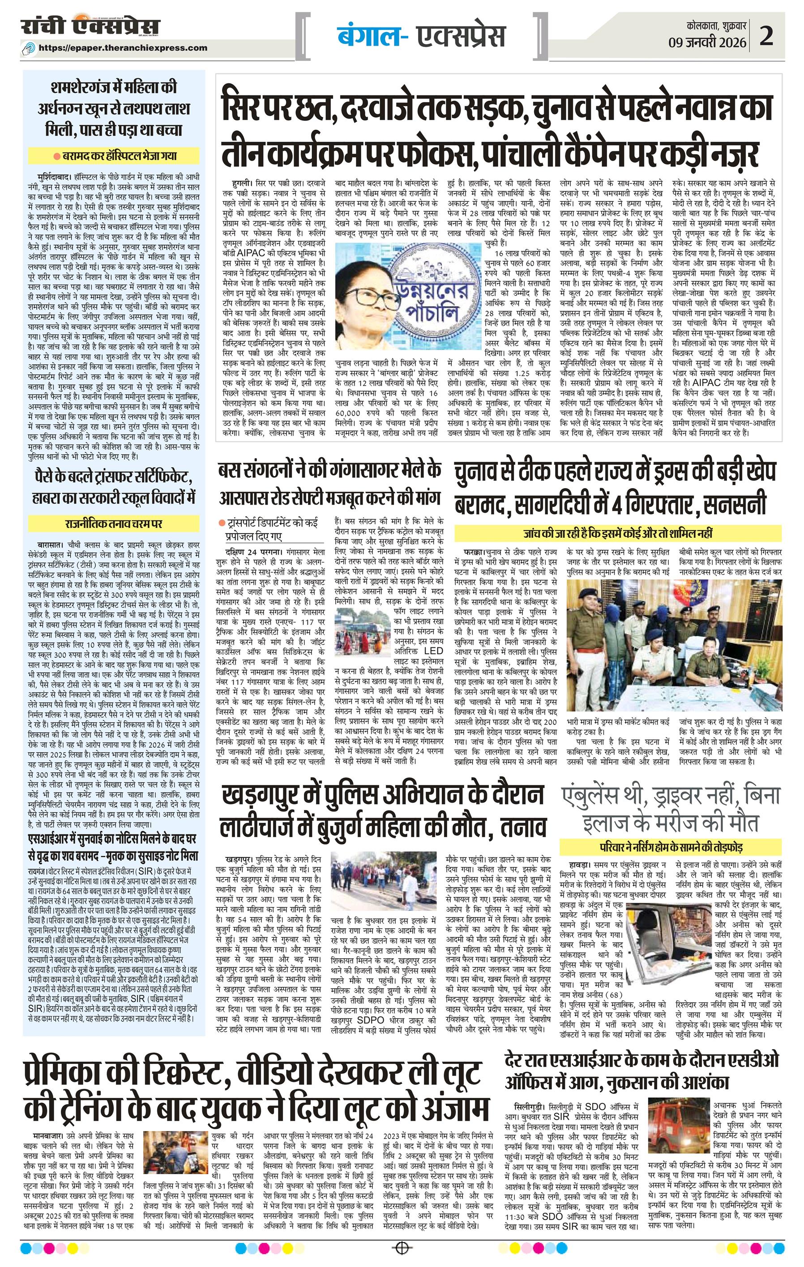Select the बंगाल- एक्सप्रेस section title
tap(421, 36)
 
